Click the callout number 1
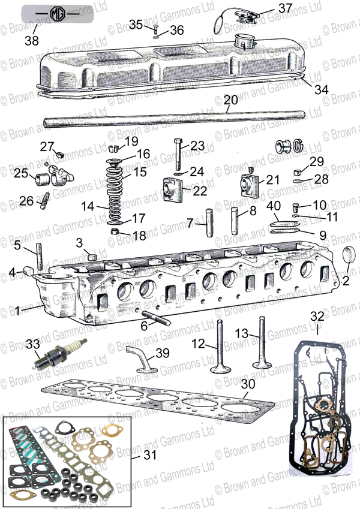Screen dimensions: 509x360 [x=18, y=311]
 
